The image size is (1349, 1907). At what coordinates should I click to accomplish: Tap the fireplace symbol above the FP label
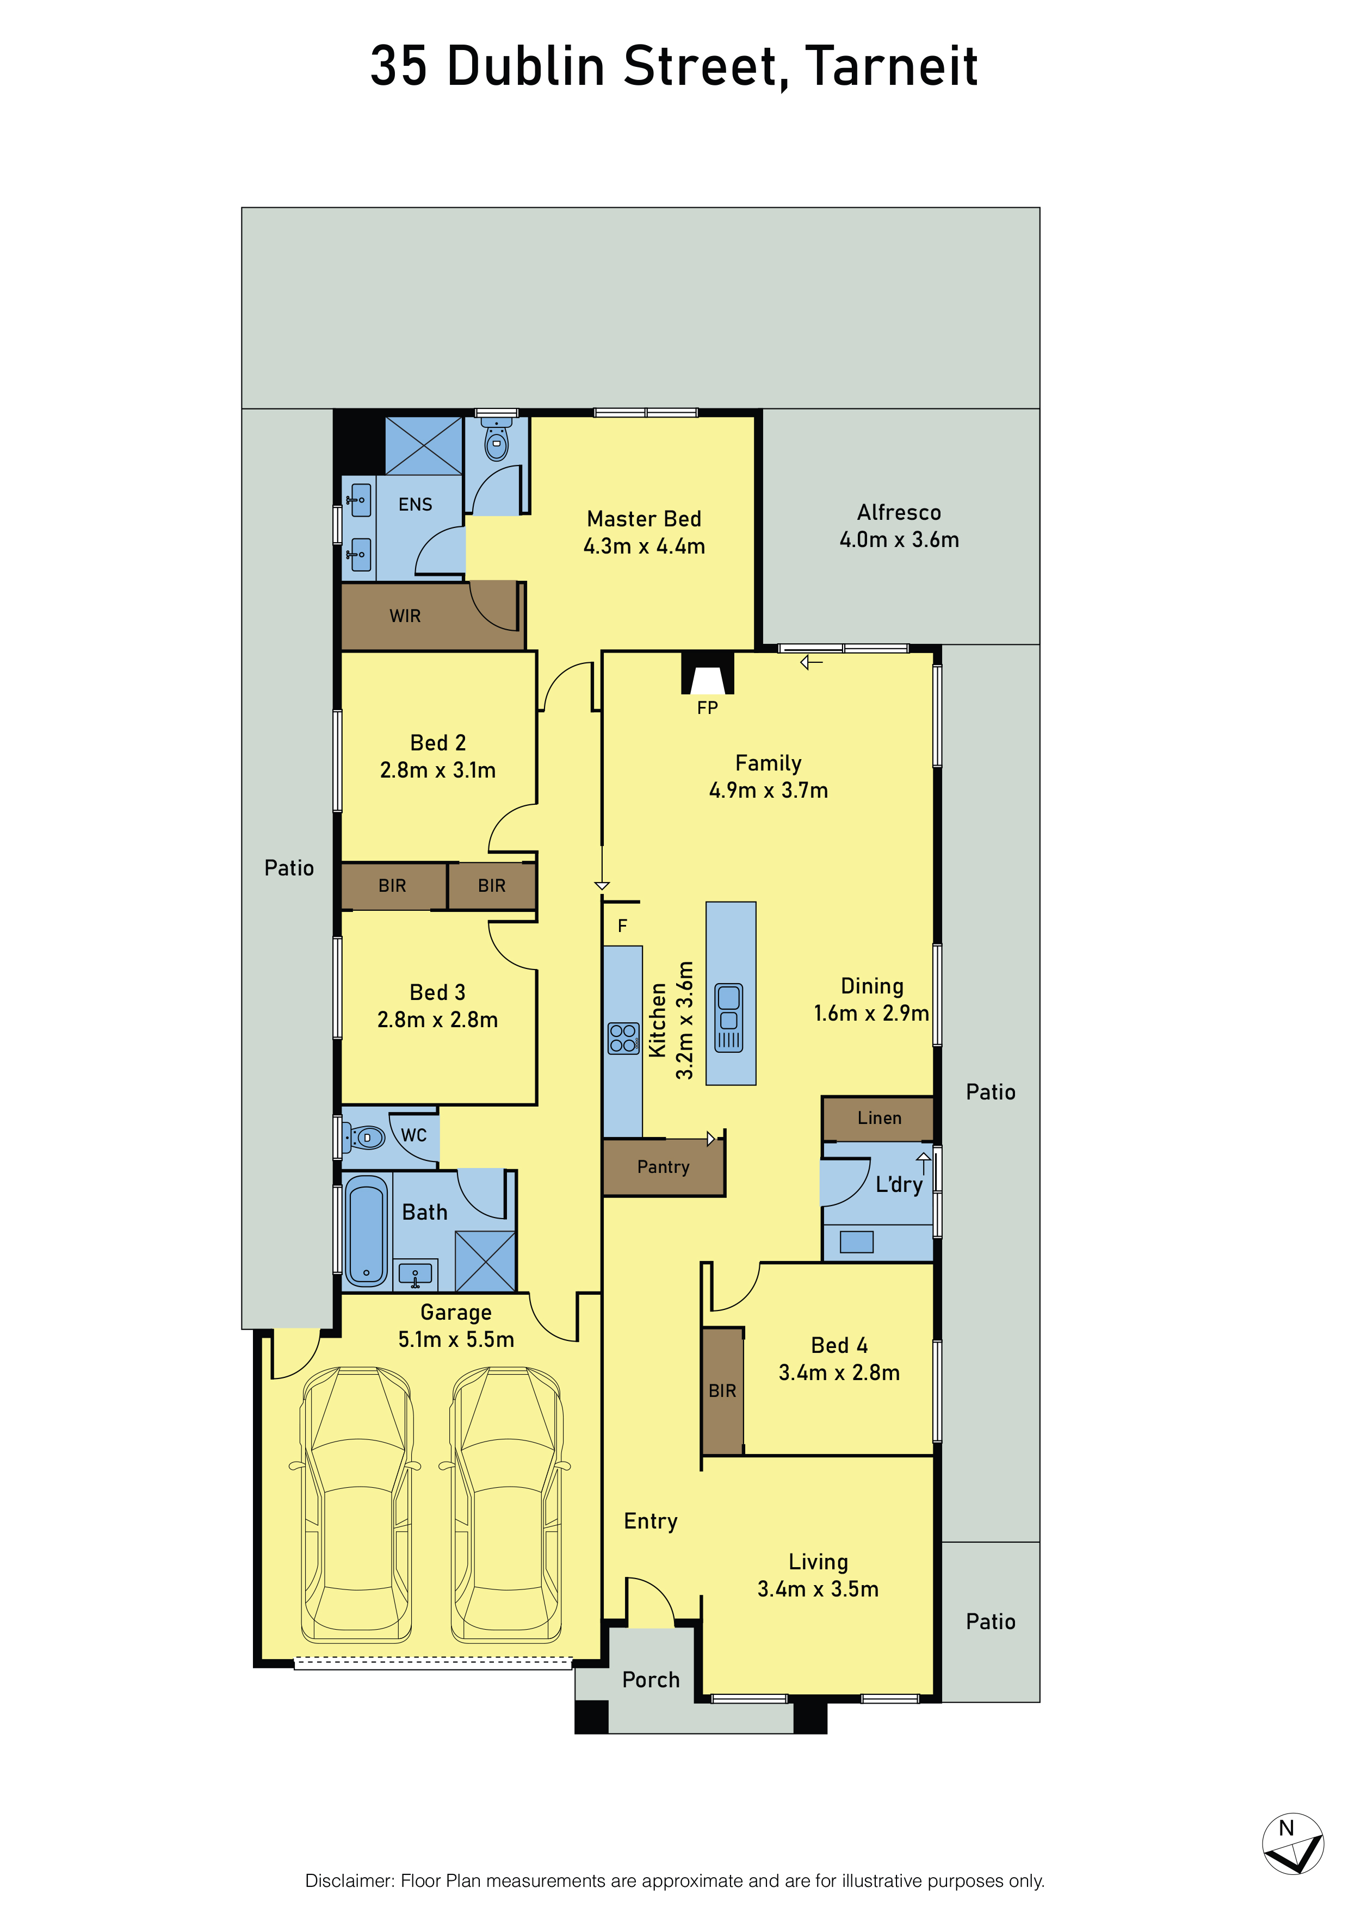tap(707, 673)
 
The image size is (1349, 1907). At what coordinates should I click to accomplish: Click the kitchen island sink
tap(728, 1018)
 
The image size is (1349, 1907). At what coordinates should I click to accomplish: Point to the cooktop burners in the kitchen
tap(623, 1038)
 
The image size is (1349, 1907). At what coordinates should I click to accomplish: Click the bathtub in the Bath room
tap(366, 1231)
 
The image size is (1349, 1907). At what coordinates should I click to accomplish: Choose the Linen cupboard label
tap(879, 1118)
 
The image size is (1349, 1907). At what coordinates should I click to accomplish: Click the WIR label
tap(405, 616)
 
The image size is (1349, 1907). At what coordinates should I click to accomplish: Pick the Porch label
tap(651, 1679)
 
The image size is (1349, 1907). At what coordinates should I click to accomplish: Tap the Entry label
tap(651, 1521)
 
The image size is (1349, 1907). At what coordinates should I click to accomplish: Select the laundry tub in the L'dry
tap(856, 1242)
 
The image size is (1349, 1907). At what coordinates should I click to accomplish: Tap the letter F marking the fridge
tap(622, 926)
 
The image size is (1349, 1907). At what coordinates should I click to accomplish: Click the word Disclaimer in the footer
tap(350, 1880)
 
